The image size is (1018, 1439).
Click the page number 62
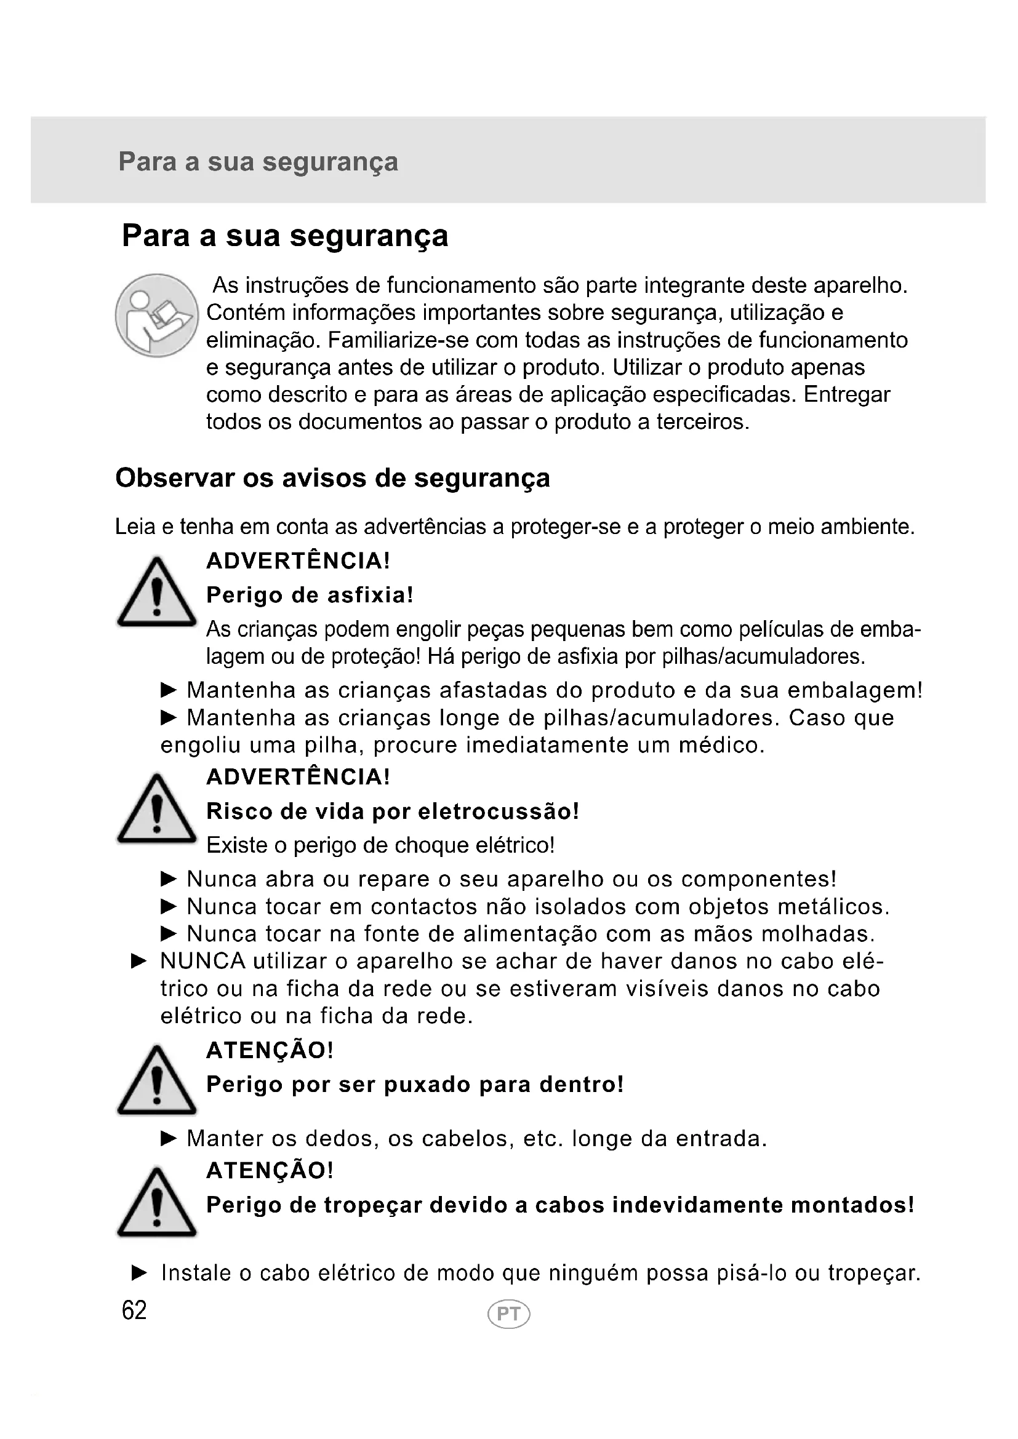[134, 1310]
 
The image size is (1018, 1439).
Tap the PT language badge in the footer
[508, 1313]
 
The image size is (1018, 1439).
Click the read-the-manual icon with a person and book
[157, 315]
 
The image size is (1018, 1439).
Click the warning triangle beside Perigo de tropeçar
[157, 1204]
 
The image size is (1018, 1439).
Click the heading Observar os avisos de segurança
[333, 478]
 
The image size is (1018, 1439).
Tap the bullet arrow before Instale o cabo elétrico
[139, 1273]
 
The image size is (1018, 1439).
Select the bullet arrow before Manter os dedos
[169, 1138]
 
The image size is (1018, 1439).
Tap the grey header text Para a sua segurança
[259, 162]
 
